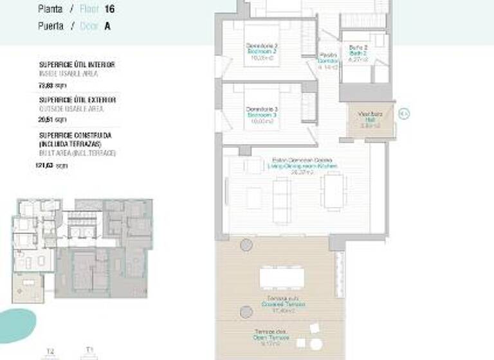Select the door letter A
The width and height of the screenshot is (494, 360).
tap(107, 26)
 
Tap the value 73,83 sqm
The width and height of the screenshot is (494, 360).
tap(53, 84)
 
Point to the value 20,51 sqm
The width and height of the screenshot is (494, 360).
tap(53, 120)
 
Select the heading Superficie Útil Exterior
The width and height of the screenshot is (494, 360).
tap(77, 100)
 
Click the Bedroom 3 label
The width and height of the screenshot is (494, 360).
tap(262, 114)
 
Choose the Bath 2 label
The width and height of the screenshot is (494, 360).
tap(358, 52)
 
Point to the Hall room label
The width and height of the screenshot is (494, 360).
tap(370, 119)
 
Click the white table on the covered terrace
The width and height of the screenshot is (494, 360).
tap(282, 278)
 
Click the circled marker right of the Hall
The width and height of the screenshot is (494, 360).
tap(404, 114)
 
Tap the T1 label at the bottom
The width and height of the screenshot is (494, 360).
tap(89, 350)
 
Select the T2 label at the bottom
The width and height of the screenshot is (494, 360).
tap(50, 351)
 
